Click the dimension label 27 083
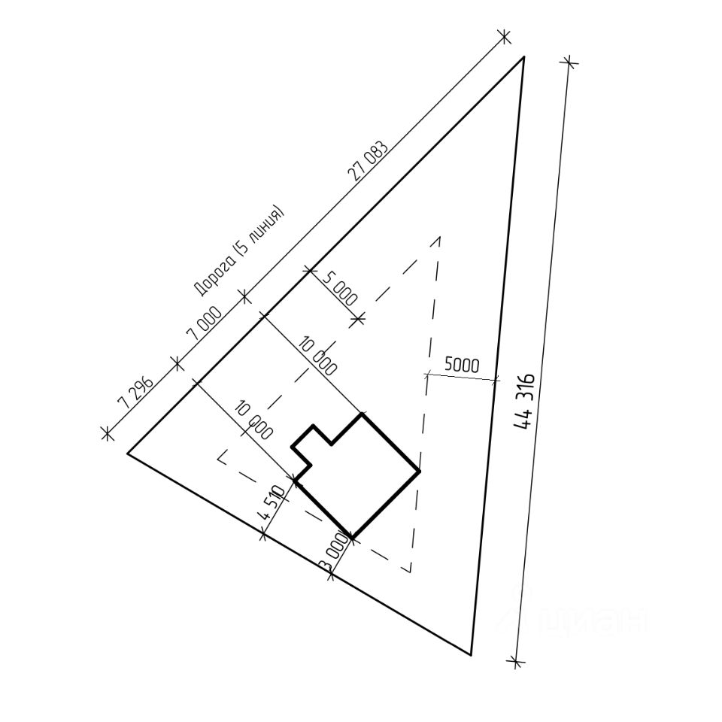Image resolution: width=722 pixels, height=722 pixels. click(369, 161)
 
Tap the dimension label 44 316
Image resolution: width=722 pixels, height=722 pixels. click(524, 402)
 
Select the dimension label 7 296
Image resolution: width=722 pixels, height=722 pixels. click(135, 393)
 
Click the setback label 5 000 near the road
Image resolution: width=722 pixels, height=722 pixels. click(340, 289)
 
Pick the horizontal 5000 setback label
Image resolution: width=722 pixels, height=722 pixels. click(462, 366)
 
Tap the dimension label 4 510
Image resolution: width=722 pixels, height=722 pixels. click(273, 502)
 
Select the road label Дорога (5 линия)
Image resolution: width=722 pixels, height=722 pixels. click(238, 251)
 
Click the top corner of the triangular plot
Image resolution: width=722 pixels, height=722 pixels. click(523, 56)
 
